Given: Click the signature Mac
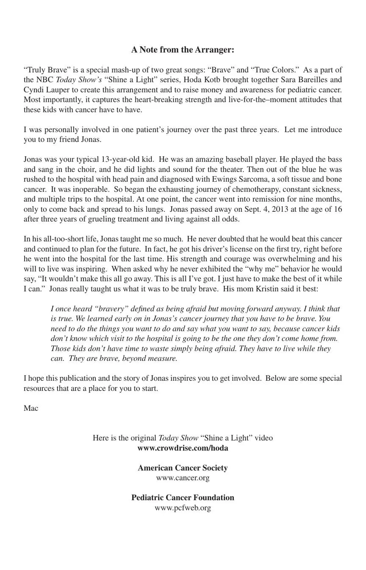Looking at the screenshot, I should click(x=31, y=408).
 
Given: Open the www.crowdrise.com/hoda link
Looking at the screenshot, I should click(x=183, y=448).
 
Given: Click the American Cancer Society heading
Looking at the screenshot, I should click(x=183, y=468).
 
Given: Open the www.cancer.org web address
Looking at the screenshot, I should click(x=183, y=478).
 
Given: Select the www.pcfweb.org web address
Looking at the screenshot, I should click(x=183, y=508).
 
